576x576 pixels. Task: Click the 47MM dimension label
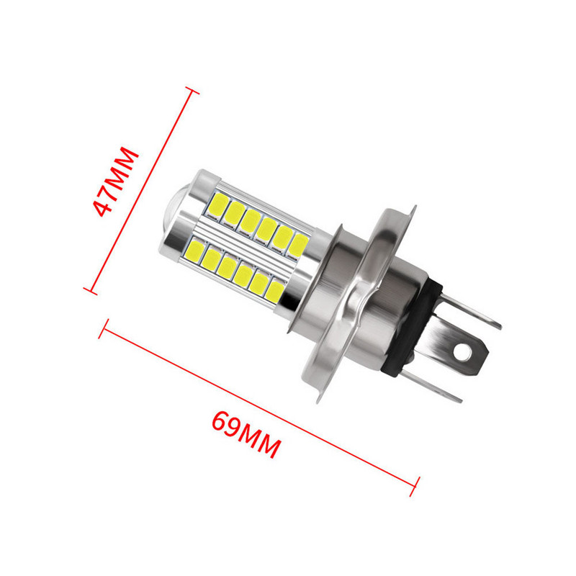(x=115, y=181)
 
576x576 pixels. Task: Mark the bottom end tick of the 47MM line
(x=90, y=290)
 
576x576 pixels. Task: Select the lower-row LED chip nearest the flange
(x=274, y=291)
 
